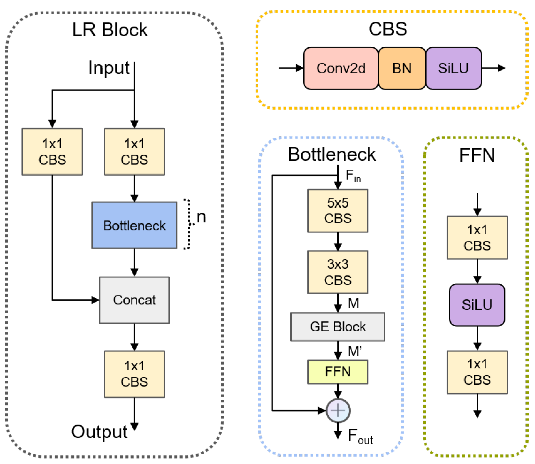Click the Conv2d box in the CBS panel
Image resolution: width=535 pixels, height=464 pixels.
click(x=341, y=68)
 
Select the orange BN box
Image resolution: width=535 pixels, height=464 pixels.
click(x=402, y=68)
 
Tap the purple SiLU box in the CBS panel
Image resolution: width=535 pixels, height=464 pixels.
click(x=453, y=68)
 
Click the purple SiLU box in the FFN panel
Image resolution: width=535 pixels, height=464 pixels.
click(x=477, y=305)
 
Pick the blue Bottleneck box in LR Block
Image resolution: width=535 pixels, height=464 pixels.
click(x=134, y=225)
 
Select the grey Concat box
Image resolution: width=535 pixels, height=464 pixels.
click(x=134, y=300)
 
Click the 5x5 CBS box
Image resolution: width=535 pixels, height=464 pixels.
click(x=337, y=211)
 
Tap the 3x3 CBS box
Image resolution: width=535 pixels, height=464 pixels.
click(x=337, y=272)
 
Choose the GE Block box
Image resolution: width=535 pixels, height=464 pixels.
click(x=337, y=327)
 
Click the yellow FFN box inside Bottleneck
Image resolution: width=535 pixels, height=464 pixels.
click(x=337, y=371)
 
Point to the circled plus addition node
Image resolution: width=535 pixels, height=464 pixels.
click(x=338, y=410)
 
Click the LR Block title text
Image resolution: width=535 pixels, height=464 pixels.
click(x=110, y=30)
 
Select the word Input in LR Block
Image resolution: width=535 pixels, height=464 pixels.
click(x=109, y=68)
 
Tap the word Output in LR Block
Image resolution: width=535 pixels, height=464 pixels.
click(x=99, y=432)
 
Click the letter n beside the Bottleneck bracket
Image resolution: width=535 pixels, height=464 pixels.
click(x=201, y=217)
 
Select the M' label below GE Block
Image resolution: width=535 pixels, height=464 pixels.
click(x=355, y=351)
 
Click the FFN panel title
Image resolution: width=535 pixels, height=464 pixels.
click(x=477, y=155)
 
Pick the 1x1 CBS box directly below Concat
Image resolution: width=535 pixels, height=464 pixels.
click(x=134, y=374)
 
